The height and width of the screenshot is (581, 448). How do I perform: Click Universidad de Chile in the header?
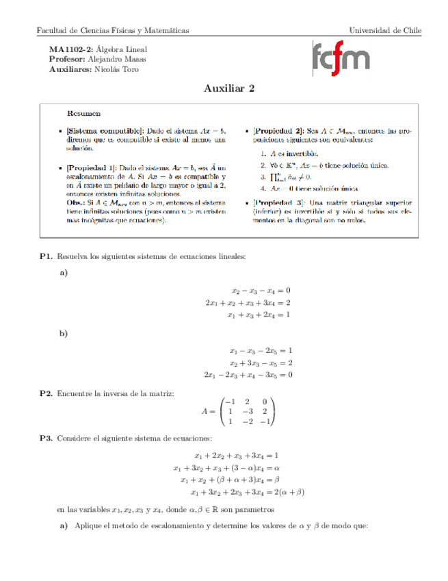385,31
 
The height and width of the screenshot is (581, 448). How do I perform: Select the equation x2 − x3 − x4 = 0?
261,290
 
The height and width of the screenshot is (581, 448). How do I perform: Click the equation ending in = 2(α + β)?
247,492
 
